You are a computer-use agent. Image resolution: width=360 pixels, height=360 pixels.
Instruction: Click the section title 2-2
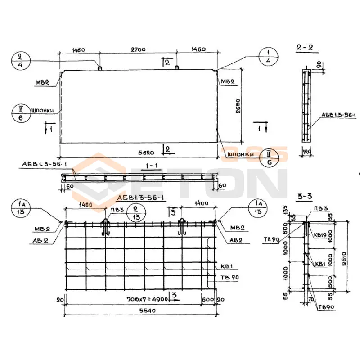tap(304, 47)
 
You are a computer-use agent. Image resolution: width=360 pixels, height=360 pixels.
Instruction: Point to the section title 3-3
tap(304, 196)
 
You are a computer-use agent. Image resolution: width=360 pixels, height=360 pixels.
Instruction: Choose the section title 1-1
tap(152, 166)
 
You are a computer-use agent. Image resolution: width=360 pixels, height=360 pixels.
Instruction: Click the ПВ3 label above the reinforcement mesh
tap(112, 209)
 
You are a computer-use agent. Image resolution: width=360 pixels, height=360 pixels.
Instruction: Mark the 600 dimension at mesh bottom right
tap(208, 298)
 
